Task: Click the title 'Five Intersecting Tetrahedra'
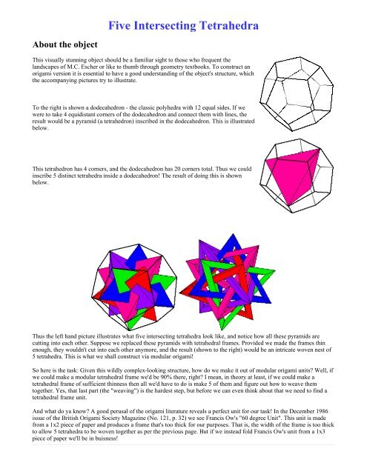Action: point(183,28)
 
